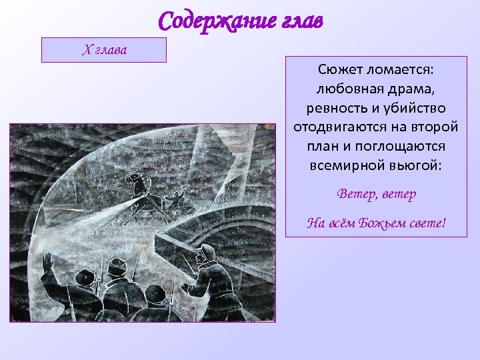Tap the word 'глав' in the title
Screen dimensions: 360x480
tap(298, 21)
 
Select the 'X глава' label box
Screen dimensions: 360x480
tap(103, 49)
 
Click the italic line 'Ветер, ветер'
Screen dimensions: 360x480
tap(376, 194)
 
